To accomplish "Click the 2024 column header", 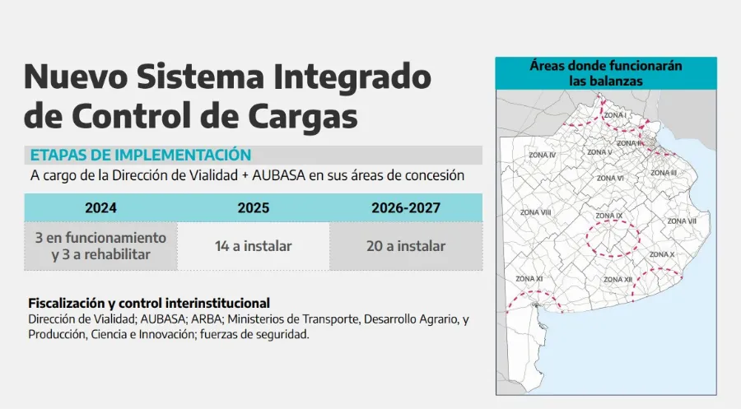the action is pos(100,208).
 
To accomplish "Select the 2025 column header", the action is pos(254,208).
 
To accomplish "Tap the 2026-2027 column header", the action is pos(406,208).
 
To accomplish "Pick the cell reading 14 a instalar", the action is pos(254,246).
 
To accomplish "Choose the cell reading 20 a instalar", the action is pos(406,246).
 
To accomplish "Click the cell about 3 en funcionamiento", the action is pos(100,246).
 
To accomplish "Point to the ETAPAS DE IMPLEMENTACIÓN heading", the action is pos(141,155).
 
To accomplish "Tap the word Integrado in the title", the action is pos(352,77).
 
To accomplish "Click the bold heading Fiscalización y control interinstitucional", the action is pos(149,303).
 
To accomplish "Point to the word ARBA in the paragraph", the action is pos(207,319).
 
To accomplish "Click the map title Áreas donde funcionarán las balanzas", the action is pos(606,73).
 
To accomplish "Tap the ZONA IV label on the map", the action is pos(542,155).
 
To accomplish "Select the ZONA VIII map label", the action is pos(535,212).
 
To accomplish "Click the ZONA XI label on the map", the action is pos(529,279).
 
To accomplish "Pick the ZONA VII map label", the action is pos(682,221).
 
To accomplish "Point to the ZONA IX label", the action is pos(608,216).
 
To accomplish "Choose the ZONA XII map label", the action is pos(617,280).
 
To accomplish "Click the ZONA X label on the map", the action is pos(662,254).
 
